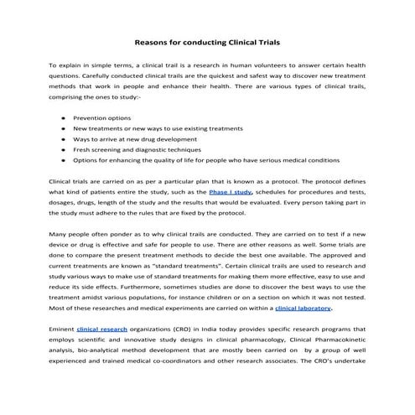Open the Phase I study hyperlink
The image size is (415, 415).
click(x=231, y=191)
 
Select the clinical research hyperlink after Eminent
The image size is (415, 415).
click(x=101, y=330)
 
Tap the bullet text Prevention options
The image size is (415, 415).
click(x=103, y=119)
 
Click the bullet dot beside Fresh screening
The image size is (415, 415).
click(x=64, y=148)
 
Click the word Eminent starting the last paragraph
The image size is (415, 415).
click(x=61, y=330)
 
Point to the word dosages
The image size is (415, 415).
click(x=64, y=202)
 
